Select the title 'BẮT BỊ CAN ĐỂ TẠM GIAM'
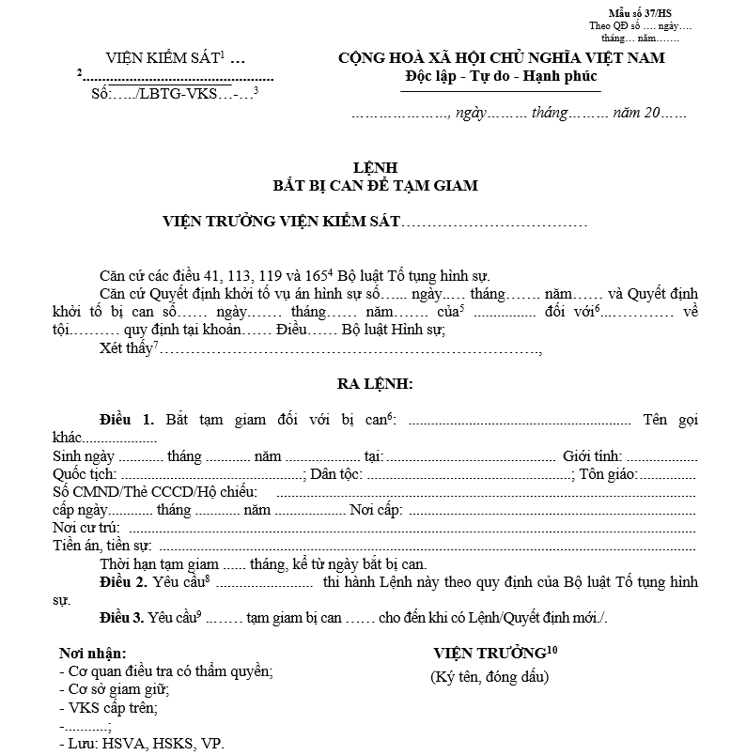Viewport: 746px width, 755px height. click(x=374, y=185)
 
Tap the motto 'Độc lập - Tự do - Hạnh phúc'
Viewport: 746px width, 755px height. click(x=502, y=75)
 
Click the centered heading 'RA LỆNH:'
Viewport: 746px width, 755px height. click(x=375, y=384)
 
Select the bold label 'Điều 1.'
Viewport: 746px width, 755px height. click(x=127, y=419)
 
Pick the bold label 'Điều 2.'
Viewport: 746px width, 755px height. click(x=127, y=582)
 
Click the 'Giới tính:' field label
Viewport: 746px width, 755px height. click(x=592, y=456)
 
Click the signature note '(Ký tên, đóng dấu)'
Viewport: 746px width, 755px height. click(x=490, y=677)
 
